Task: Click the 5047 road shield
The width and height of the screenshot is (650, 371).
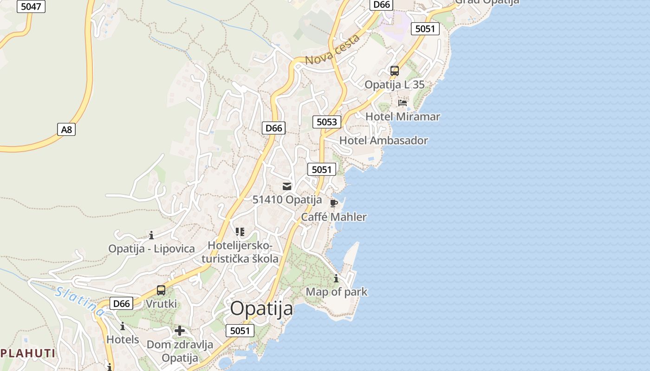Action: click(x=31, y=6)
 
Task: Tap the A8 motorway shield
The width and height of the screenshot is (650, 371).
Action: click(x=67, y=129)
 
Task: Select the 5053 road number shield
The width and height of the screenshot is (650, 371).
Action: click(x=326, y=122)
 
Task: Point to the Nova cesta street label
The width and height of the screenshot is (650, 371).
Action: click(x=333, y=50)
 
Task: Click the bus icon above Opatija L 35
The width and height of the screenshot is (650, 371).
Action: click(x=395, y=71)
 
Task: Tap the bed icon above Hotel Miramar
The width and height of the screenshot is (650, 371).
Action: click(x=403, y=102)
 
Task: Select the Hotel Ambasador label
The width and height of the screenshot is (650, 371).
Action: click(x=383, y=141)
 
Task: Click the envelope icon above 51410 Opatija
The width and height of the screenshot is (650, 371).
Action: click(x=287, y=186)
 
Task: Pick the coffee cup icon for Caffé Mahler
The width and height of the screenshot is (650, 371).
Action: click(x=333, y=203)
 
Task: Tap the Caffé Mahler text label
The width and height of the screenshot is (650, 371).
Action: click(x=334, y=217)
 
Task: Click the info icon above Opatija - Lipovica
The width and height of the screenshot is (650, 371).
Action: click(x=151, y=235)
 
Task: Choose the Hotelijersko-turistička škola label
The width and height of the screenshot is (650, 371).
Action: click(x=240, y=252)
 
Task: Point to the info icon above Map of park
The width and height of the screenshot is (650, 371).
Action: click(x=336, y=279)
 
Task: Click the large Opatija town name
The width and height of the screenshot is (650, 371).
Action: click(x=261, y=308)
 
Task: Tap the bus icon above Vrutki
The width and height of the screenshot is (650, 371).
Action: click(x=161, y=290)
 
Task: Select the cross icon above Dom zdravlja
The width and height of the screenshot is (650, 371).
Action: click(x=180, y=331)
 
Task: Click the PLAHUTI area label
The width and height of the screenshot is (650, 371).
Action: click(x=28, y=353)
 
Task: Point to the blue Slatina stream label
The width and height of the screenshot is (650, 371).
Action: click(x=79, y=301)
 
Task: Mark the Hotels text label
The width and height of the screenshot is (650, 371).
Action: click(x=123, y=339)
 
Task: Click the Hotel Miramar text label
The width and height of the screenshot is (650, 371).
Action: click(x=403, y=116)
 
